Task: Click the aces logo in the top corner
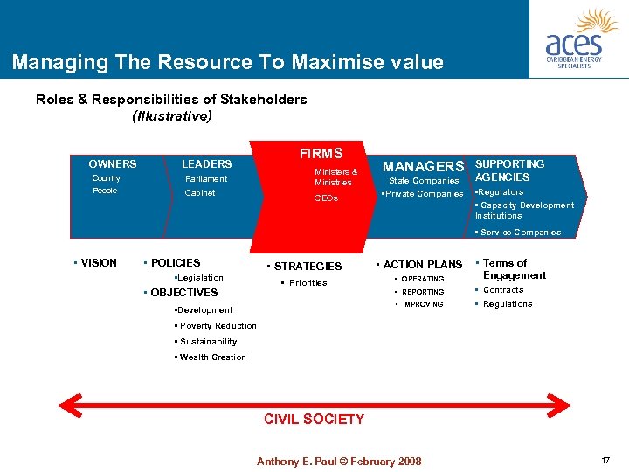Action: tap(578, 39)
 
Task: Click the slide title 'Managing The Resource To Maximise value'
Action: tap(228, 63)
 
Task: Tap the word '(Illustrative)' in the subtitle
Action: tap(171, 115)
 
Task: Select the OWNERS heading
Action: tap(113, 164)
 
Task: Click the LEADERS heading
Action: tap(206, 164)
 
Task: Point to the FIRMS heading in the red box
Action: tap(321, 154)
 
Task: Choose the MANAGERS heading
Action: tap(424, 166)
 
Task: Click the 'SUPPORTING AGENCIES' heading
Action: tap(509, 170)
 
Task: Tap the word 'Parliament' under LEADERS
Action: tap(206, 179)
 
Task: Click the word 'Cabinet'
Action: tap(200, 193)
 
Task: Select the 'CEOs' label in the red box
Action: tap(326, 198)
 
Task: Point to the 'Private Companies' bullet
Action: tap(424, 194)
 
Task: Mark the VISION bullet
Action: tap(97, 263)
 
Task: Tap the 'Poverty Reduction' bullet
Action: tap(217, 326)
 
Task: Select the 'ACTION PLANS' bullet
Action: tap(422, 265)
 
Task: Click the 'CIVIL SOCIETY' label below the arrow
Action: tap(314, 420)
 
